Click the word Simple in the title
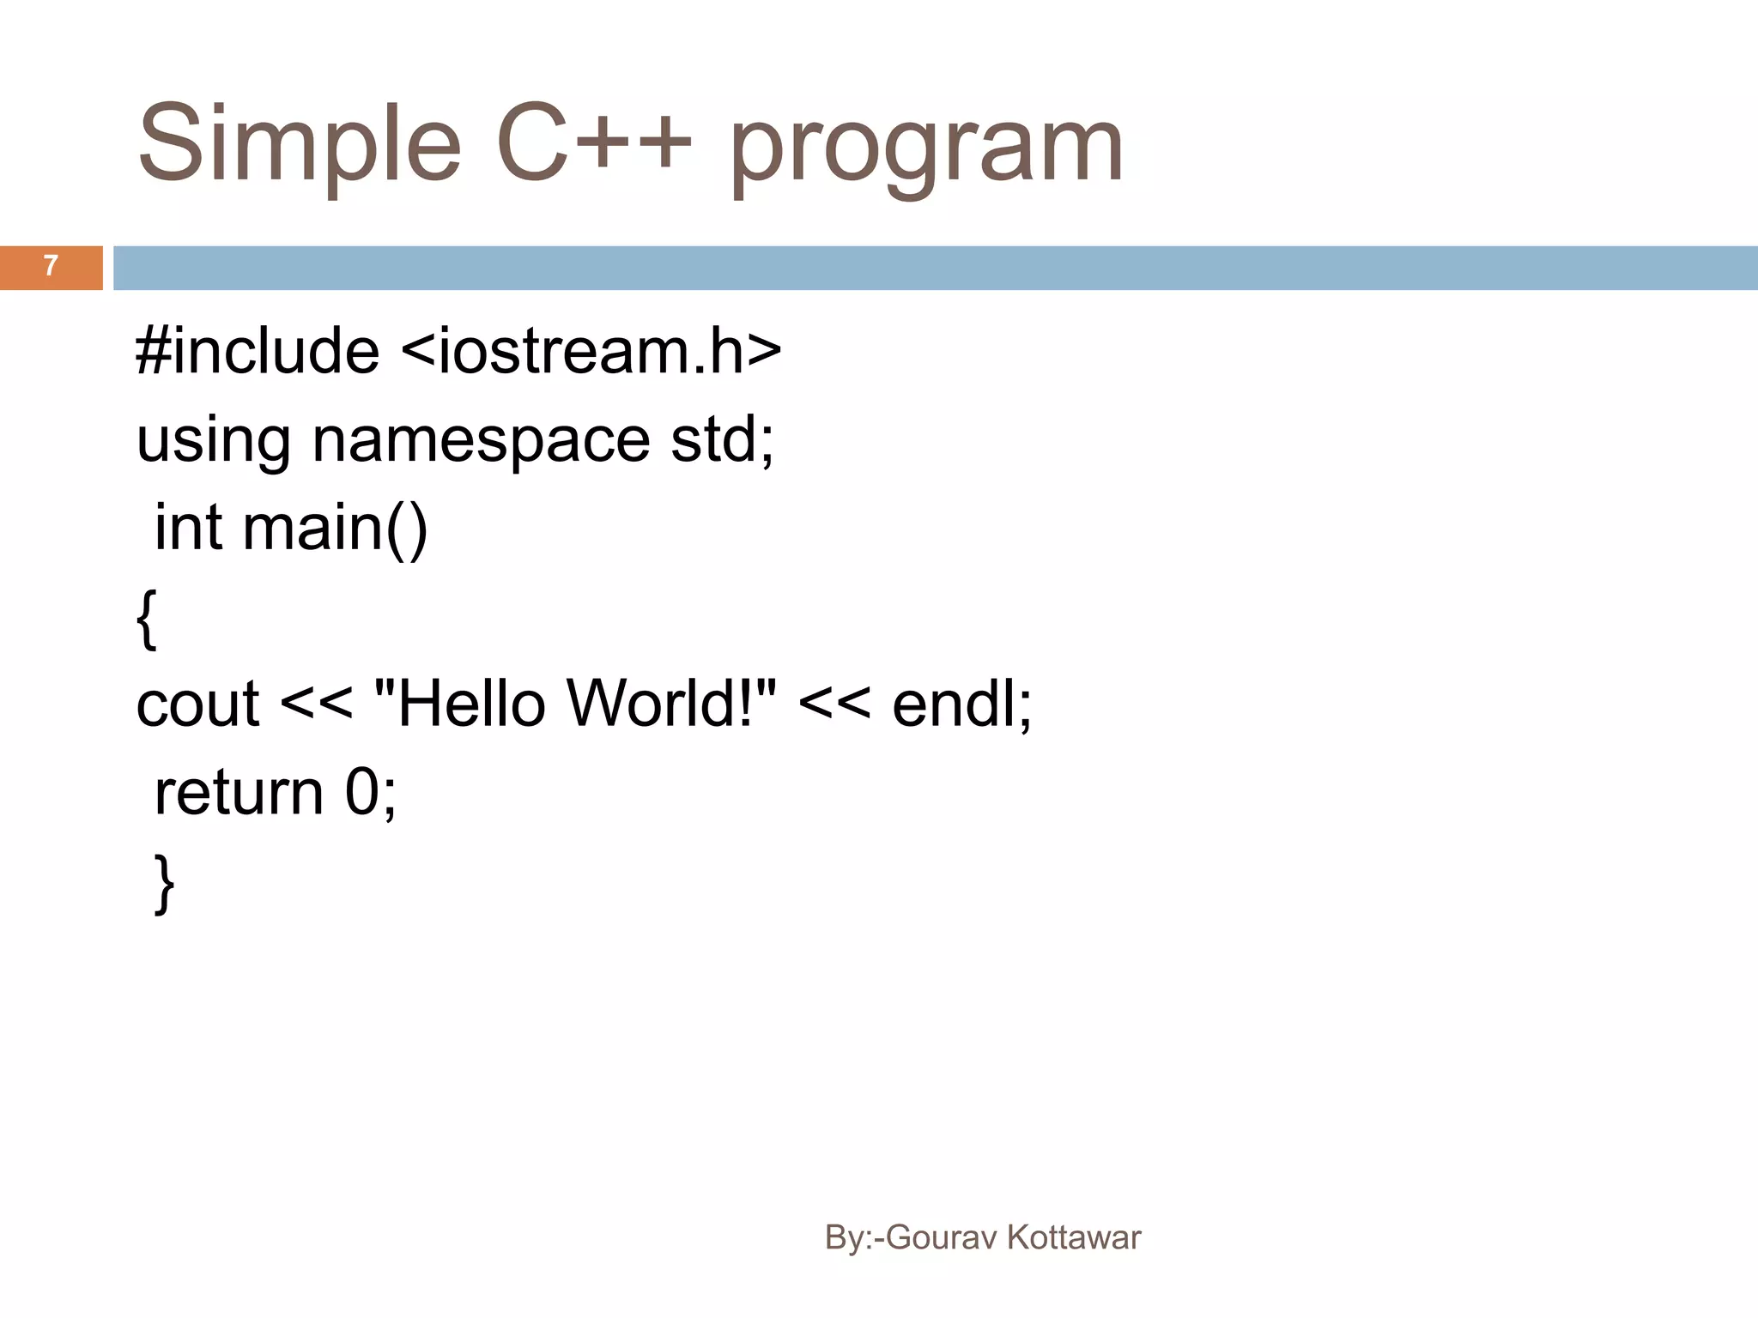pos(300,146)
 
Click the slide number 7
pos(51,266)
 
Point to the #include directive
pos(258,351)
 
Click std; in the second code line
pos(722,439)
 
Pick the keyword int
pos(189,527)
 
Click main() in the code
pos(335,529)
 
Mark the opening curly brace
pos(147,618)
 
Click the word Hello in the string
pos(472,703)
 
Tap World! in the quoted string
pos(661,703)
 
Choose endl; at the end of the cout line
pos(961,703)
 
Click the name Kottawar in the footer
pos(1073,1237)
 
